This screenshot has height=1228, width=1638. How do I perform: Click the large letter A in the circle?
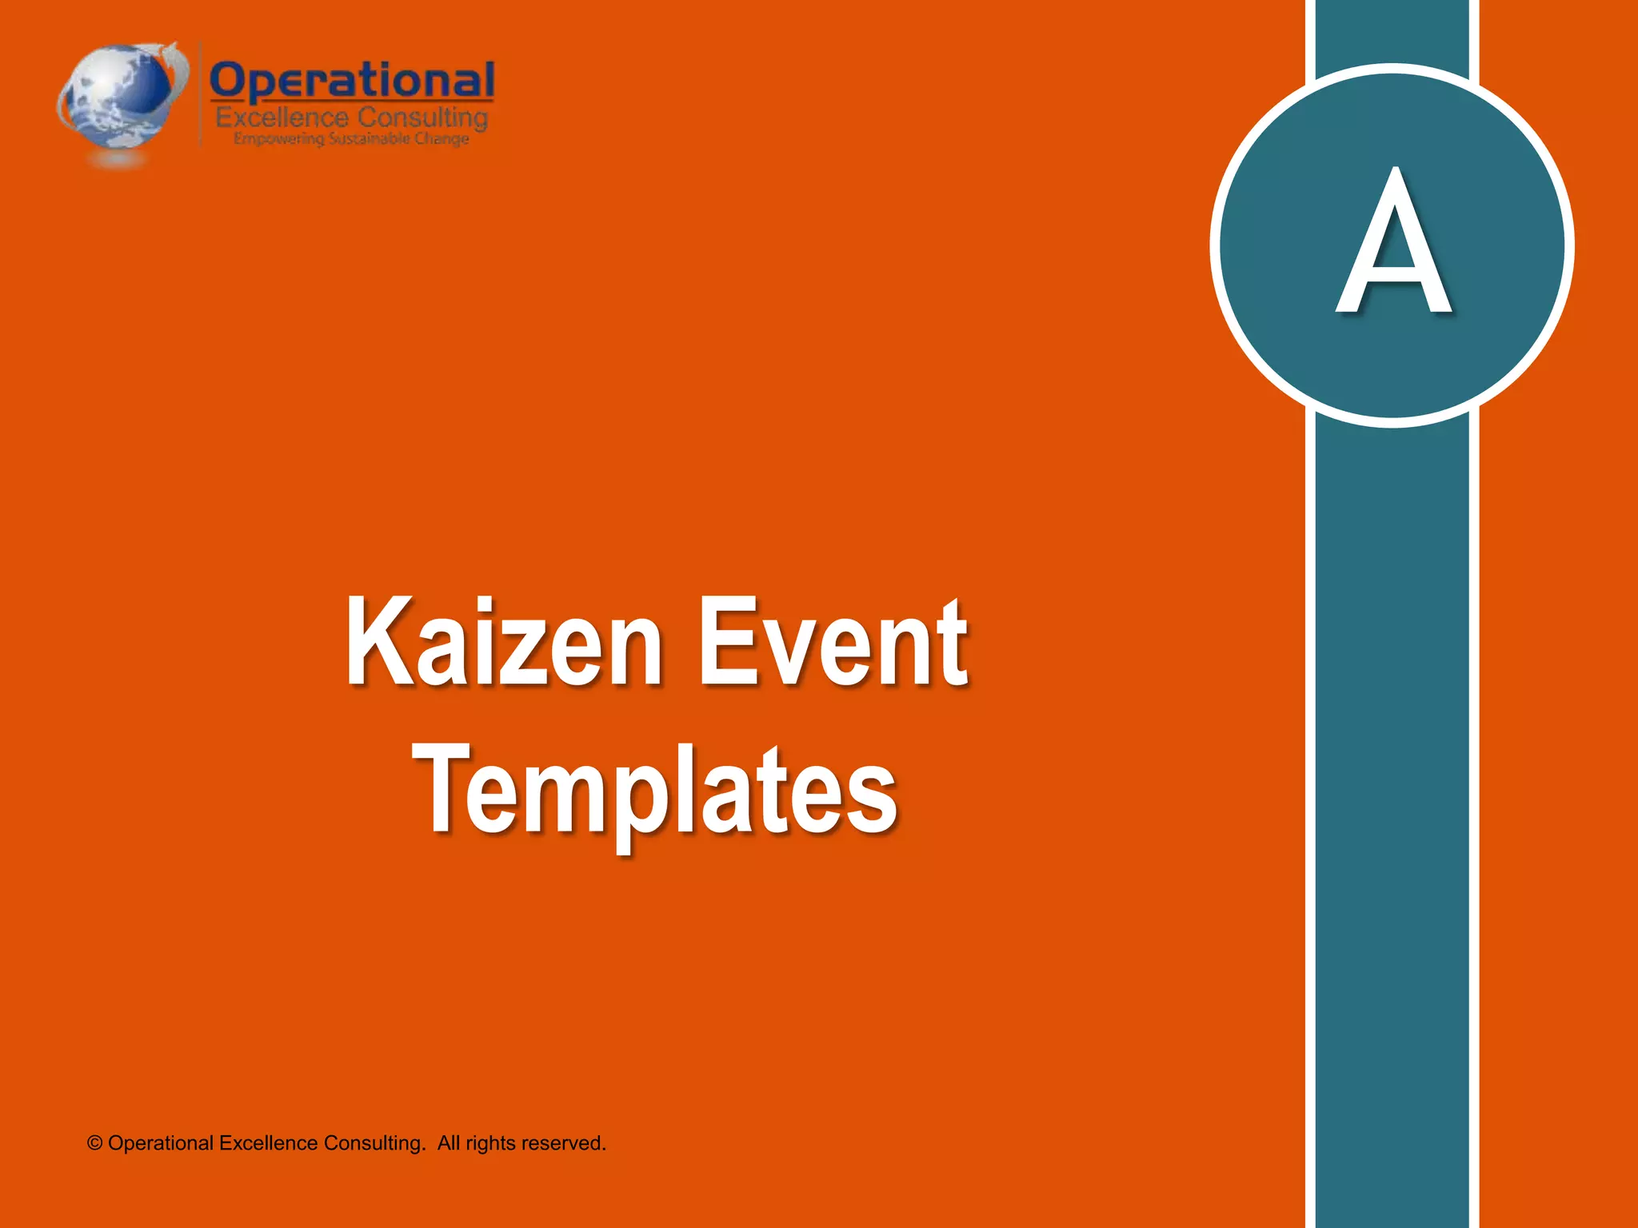(1393, 243)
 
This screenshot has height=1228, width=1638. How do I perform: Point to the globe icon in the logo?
(120, 98)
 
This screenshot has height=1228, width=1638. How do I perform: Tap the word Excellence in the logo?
(282, 118)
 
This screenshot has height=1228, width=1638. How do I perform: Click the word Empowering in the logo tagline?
(279, 139)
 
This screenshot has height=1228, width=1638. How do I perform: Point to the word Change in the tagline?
(441, 139)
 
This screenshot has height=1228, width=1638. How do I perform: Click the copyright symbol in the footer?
(94, 1144)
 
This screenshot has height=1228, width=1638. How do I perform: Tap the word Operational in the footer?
(161, 1144)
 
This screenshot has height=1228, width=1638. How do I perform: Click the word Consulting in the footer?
(374, 1144)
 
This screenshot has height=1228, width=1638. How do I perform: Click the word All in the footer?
(449, 1144)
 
